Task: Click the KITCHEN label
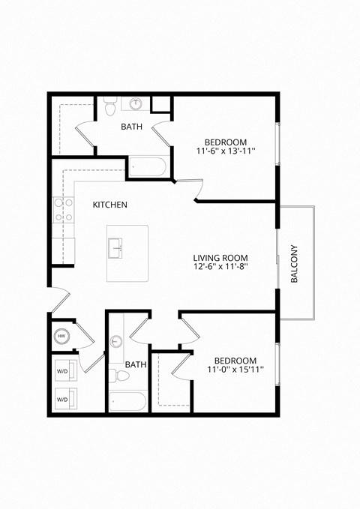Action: pos(109,205)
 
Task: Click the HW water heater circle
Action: pos(62,337)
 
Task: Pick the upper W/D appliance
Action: pos(64,371)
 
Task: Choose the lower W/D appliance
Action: pos(64,399)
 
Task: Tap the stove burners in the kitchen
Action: pos(62,209)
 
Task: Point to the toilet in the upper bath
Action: pos(110,107)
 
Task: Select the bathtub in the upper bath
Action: pos(148,166)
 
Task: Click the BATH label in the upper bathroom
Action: pos(132,127)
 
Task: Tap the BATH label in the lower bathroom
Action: pos(136,365)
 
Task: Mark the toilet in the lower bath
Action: pos(115,373)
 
